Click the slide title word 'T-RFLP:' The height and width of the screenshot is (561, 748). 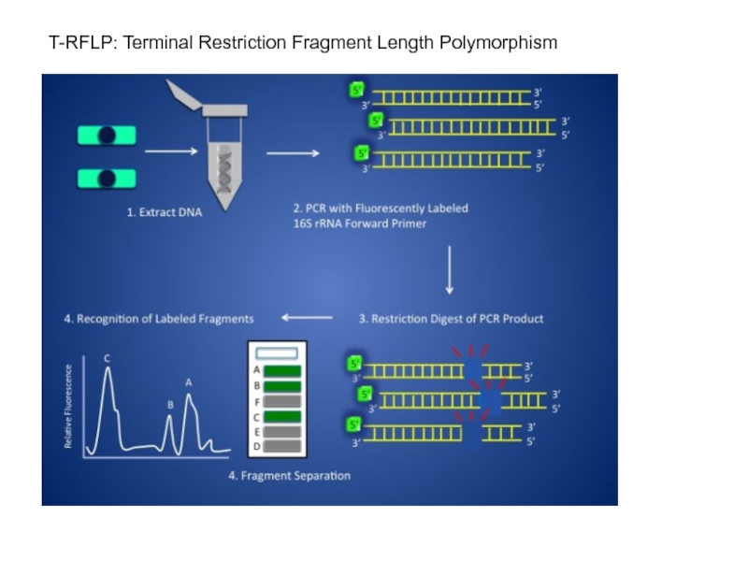[78, 43]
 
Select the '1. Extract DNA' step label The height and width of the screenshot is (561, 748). [165, 212]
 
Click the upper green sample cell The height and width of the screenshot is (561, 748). [108, 137]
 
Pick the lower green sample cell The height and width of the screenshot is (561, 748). [108, 177]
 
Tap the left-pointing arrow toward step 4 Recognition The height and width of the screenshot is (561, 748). [307, 318]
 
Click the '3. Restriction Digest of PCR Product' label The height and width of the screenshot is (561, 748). [452, 318]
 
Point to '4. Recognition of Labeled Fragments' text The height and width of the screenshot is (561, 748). [159, 318]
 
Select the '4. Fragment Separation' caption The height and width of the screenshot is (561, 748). [290, 476]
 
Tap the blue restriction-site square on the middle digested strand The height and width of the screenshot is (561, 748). [490, 401]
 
